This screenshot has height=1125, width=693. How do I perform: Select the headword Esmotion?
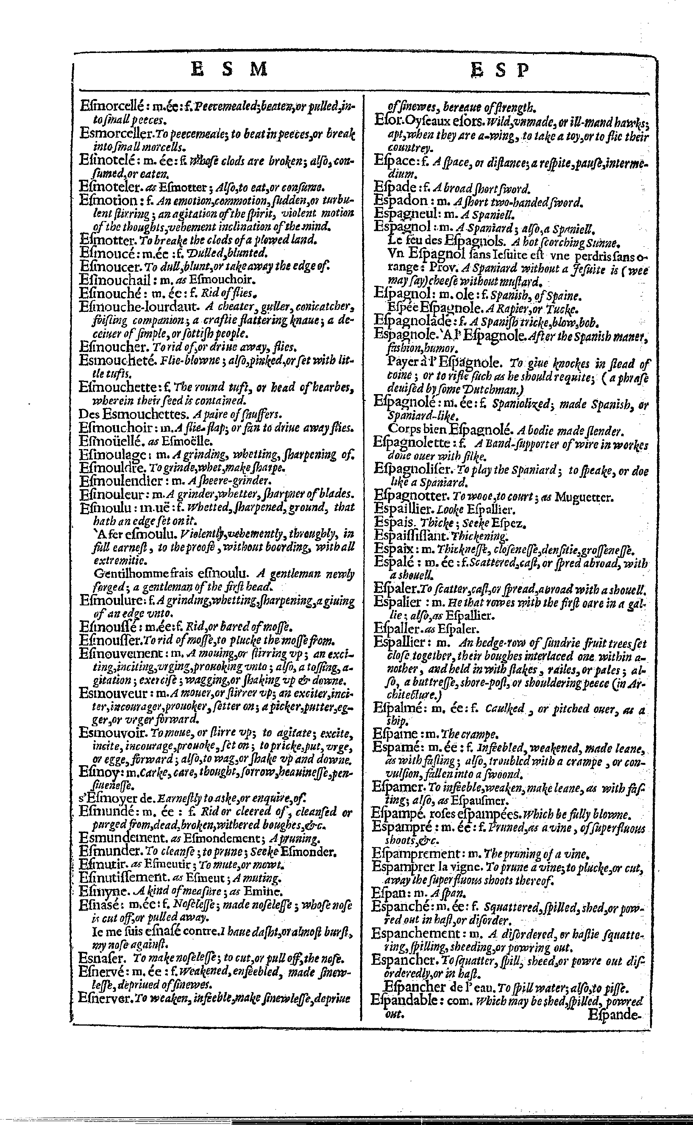(x=108, y=200)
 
